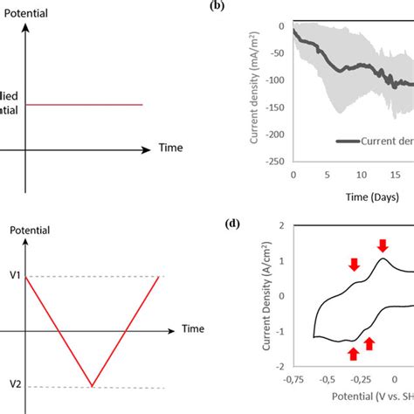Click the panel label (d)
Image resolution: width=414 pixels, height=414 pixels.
231,223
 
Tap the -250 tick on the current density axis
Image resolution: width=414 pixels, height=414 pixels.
276,162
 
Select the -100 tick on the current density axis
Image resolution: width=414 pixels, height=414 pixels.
276,80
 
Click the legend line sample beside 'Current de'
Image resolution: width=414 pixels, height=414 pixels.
350,140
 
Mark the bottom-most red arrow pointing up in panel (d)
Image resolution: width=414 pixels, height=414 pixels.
353,353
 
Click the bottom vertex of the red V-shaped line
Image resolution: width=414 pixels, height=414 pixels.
92,385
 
